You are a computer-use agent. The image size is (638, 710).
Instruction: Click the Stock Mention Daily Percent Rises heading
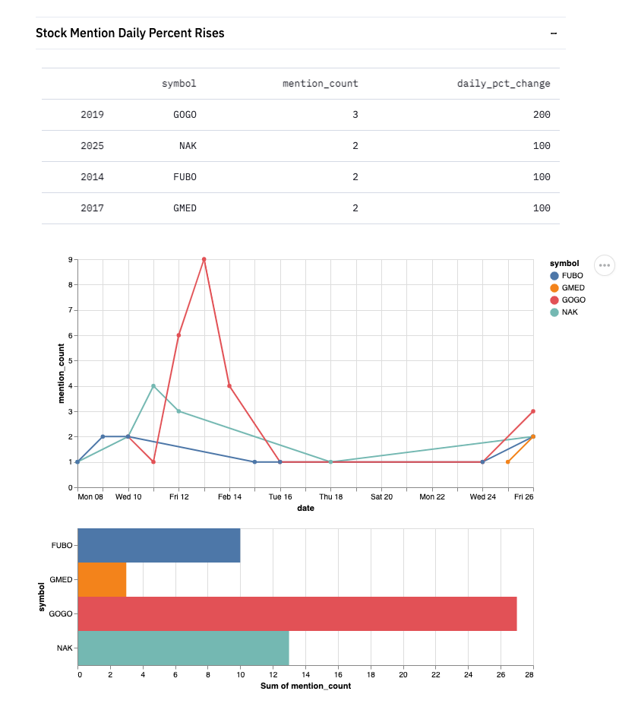[x=130, y=33]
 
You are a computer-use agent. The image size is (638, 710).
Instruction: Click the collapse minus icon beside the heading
[x=554, y=33]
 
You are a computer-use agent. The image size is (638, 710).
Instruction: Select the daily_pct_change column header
[x=503, y=84]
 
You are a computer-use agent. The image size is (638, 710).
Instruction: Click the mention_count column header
[x=320, y=84]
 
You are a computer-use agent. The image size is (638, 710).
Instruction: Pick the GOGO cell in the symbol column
[x=185, y=115]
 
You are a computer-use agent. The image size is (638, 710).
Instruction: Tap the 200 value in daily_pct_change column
[x=541, y=115]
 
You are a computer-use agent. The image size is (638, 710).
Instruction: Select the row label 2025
[x=92, y=146]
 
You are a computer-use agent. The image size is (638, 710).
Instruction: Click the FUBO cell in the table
[x=185, y=177]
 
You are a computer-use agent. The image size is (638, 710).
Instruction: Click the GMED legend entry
[x=572, y=288]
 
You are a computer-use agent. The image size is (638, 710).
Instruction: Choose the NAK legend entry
[x=569, y=312]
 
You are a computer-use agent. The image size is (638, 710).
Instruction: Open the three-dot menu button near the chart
[x=605, y=265]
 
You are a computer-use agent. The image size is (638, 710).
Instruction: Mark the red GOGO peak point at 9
[x=204, y=259]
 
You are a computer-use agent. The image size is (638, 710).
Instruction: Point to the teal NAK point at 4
[x=153, y=386]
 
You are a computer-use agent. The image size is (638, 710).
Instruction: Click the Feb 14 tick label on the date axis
[x=229, y=497]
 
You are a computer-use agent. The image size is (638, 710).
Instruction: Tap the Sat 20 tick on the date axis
[x=381, y=497]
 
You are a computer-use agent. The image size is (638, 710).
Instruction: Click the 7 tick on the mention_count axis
[x=69, y=310]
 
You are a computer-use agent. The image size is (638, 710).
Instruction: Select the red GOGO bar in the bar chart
[x=297, y=613]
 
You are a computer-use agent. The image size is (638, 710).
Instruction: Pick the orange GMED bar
[x=102, y=579]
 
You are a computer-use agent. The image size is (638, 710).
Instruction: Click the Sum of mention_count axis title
[x=305, y=686]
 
